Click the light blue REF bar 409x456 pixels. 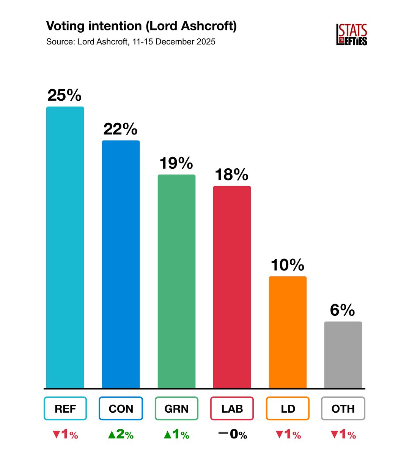pyautogui.click(x=65, y=247)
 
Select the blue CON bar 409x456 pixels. pyautogui.click(x=121, y=264)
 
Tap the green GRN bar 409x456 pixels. pyautogui.click(x=176, y=281)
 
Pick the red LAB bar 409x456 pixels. pyautogui.click(x=232, y=287)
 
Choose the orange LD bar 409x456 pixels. pyautogui.click(x=288, y=332)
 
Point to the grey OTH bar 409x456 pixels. pyautogui.click(x=343, y=355)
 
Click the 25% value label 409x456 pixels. pyautogui.click(x=64, y=95)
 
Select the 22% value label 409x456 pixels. pyautogui.click(x=120, y=129)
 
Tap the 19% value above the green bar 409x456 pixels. pyautogui.click(x=176, y=163)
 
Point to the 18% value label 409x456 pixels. pyautogui.click(x=231, y=175)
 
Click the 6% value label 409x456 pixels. pyautogui.click(x=342, y=310)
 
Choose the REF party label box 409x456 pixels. pyautogui.click(x=65, y=408)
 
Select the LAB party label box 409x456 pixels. pyautogui.click(x=232, y=408)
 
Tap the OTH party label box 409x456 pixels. pyautogui.click(x=343, y=408)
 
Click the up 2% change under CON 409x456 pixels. pyautogui.click(x=121, y=434)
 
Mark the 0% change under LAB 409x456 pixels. pyautogui.click(x=233, y=434)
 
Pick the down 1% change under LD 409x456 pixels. pyautogui.click(x=288, y=434)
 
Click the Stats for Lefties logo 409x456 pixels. pyautogui.click(x=352, y=35)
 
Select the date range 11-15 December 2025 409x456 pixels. pyautogui.click(x=174, y=42)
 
